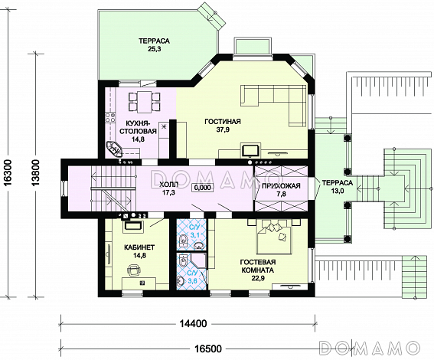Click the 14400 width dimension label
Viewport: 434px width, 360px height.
[194, 323]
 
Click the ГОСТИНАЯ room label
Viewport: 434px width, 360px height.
[223, 121]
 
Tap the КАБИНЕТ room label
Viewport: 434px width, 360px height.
[135, 247]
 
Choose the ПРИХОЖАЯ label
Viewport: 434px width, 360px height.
[281, 186]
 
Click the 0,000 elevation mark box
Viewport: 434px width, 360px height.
[202, 188]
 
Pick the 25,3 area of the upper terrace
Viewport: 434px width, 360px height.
[154, 50]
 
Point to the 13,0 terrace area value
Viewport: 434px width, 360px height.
[337, 191]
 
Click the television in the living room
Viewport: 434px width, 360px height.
[251, 150]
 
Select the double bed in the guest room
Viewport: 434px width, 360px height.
[274, 237]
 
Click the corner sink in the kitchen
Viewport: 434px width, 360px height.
[114, 149]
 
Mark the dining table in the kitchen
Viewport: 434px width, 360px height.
[144, 102]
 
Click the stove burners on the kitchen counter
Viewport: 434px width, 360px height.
[110, 118]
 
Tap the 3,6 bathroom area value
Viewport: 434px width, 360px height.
[193, 281]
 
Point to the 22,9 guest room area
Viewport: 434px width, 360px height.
[257, 278]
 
